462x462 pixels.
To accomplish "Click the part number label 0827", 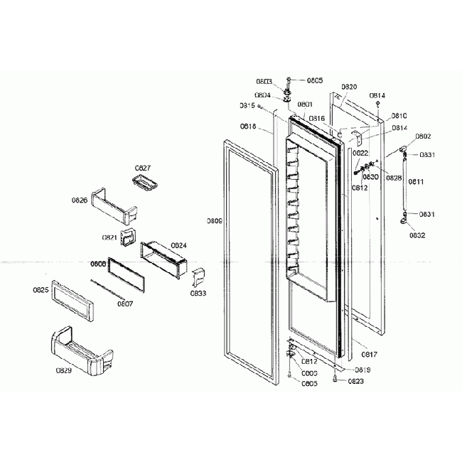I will pos(142,168).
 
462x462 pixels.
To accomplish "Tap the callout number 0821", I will pos(109,237).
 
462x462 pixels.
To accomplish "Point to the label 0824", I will pos(178,245).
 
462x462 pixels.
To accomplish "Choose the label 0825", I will pos(41,290).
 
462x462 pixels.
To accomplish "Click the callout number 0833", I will pos(198,292).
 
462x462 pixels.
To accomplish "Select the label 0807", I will pos(125,304).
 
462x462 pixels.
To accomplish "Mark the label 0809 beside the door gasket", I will pos(215,221).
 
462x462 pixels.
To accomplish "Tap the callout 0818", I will pos(248,127).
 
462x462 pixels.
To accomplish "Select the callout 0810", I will pos(399,116).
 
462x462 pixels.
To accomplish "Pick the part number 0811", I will pos(416,182).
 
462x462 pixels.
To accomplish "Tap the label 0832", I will pos(417,235).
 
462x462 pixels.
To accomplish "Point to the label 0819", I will pos(362,370).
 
